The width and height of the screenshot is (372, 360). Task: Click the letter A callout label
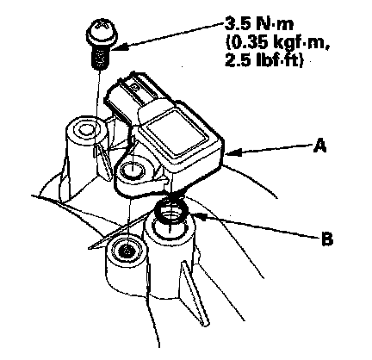(319, 146)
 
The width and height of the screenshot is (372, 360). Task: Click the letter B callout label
(326, 238)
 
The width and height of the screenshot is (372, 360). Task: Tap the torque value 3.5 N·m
(259, 24)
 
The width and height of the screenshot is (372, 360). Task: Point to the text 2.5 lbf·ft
(263, 61)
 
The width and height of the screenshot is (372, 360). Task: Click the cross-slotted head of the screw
(102, 31)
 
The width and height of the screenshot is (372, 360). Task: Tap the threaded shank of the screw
(100, 58)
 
